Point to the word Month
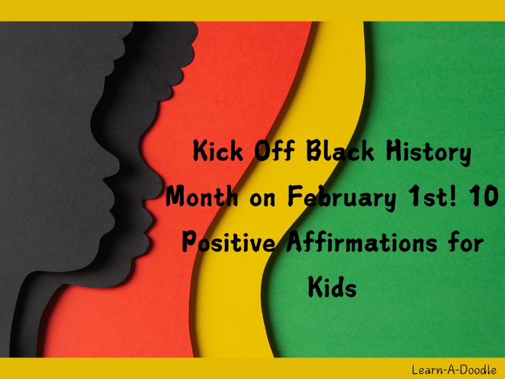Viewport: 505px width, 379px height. click(201, 196)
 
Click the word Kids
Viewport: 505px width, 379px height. click(332, 286)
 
